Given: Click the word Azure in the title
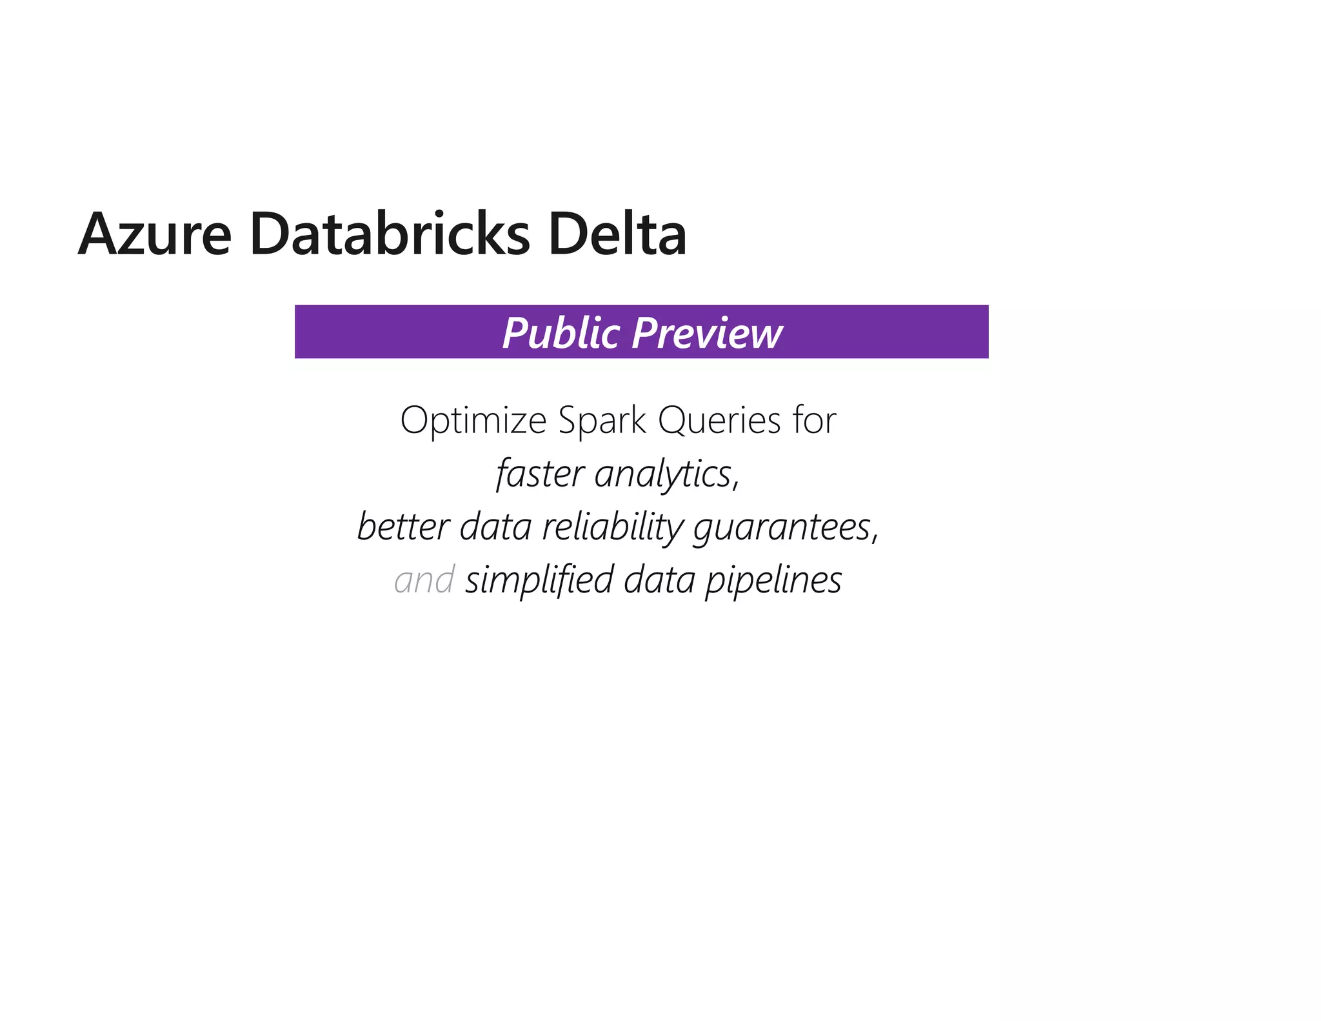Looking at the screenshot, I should (155, 235).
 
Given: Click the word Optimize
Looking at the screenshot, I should (473, 421).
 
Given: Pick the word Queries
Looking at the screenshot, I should (719, 421).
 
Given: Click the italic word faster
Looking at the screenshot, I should (540, 474).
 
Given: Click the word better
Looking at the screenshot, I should (402, 527).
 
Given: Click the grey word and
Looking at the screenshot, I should (424, 580).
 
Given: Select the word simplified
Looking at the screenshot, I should (539, 580).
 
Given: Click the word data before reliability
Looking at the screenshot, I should (495, 527).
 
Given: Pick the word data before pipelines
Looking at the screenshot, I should (659, 580).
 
